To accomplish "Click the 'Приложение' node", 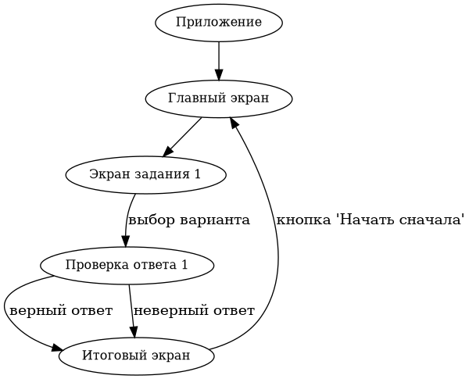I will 218,23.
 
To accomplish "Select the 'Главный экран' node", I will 218,98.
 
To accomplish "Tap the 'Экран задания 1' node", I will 146,173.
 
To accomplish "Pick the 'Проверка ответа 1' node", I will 127,265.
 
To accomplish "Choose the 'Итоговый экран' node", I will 135,356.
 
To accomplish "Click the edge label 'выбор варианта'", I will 188,220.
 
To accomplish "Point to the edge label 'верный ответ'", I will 60,310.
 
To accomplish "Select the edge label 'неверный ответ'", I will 194,310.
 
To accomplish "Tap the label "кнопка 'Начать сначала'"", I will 371,220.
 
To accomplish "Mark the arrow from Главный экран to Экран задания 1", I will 181,138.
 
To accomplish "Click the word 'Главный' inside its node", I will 192,98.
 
